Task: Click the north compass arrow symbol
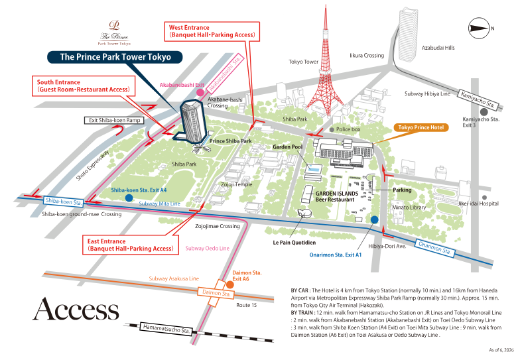tap(479, 29)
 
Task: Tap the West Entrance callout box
tap(212, 31)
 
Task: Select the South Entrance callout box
tap(84, 86)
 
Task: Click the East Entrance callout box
tap(131, 245)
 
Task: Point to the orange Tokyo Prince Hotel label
tap(421, 127)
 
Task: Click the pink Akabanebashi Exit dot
tap(200, 92)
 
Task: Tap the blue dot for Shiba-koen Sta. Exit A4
tap(129, 198)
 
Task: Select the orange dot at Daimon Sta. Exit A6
tap(230, 284)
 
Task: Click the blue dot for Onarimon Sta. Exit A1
tap(374, 219)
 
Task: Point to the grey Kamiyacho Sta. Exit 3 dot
tap(484, 112)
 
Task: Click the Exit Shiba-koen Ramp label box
tap(114, 120)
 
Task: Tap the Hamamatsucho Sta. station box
tap(166, 329)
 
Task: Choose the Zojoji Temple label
tap(237, 184)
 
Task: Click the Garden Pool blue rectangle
tap(313, 168)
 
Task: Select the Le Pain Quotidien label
tap(294, 243)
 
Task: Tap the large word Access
tap(76, 309)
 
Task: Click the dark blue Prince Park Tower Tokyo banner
tap(115, 57)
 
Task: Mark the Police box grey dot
tap(332, 129)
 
